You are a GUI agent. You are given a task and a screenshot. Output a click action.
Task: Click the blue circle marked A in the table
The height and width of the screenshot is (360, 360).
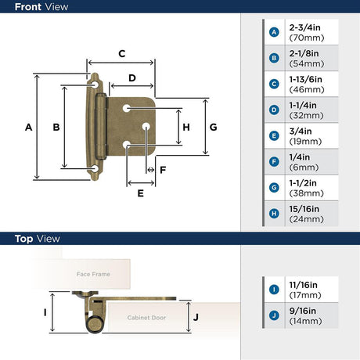pyautogui.click(x=274, y=32)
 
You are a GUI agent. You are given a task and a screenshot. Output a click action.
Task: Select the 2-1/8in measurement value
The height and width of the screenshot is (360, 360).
pyautogui.click(x=304, y=53)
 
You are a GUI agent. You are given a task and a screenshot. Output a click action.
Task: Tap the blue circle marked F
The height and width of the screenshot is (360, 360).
pyautogui.click(x=274, y=162)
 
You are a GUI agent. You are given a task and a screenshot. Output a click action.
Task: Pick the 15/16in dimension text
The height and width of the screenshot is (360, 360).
pyautogui.click(x=304, y=209)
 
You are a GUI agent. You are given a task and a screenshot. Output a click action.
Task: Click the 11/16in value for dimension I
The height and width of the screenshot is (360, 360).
pyautogui.click(x=303, y=285)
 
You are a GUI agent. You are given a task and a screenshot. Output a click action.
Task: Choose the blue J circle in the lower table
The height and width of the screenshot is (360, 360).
pyautogui.click(x=274, y=315)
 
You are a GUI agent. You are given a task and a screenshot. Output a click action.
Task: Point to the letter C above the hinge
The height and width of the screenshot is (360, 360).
pyautogui.click(x=122, y=54)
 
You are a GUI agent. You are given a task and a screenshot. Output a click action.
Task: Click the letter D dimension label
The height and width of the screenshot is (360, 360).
pyautogui.click(x=132, y=78)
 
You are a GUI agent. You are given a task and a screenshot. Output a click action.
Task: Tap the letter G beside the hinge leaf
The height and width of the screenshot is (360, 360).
pyautogui.click(x=214, y=128)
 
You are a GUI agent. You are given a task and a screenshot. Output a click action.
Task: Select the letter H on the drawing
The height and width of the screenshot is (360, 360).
pyautogui.click(x=186, y=128)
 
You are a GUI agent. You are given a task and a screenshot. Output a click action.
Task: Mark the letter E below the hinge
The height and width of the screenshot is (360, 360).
pyautogui.click(x=140, y=193)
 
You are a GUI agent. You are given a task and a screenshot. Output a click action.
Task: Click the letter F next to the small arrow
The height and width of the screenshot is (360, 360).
pyautogui.click(x=163, y=170)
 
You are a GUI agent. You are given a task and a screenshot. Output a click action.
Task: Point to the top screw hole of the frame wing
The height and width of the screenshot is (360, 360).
pyautogui.click(x=95, y=85)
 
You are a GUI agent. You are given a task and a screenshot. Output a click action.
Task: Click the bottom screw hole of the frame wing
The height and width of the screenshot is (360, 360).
pyautogui.click(x=95, y=168)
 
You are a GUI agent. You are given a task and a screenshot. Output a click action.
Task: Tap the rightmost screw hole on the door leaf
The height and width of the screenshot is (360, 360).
pyautogui.click(x=146, y=127)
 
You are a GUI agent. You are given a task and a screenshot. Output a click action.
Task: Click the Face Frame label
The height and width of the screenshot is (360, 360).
pyautogui.click(x=93, y=274)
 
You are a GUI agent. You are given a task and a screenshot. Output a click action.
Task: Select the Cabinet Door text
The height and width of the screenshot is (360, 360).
pyautogui.click(x=146, y=318)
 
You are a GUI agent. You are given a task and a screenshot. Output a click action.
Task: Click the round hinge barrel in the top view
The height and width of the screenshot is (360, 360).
pyautogui.click(x=94, y=324)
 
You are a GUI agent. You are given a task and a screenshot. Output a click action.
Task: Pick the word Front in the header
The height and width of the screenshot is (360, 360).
pyautogui.click(x=29, y=7)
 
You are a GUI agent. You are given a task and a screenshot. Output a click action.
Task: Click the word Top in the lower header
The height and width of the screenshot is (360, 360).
pyautogui.click(x=23, y=239)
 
